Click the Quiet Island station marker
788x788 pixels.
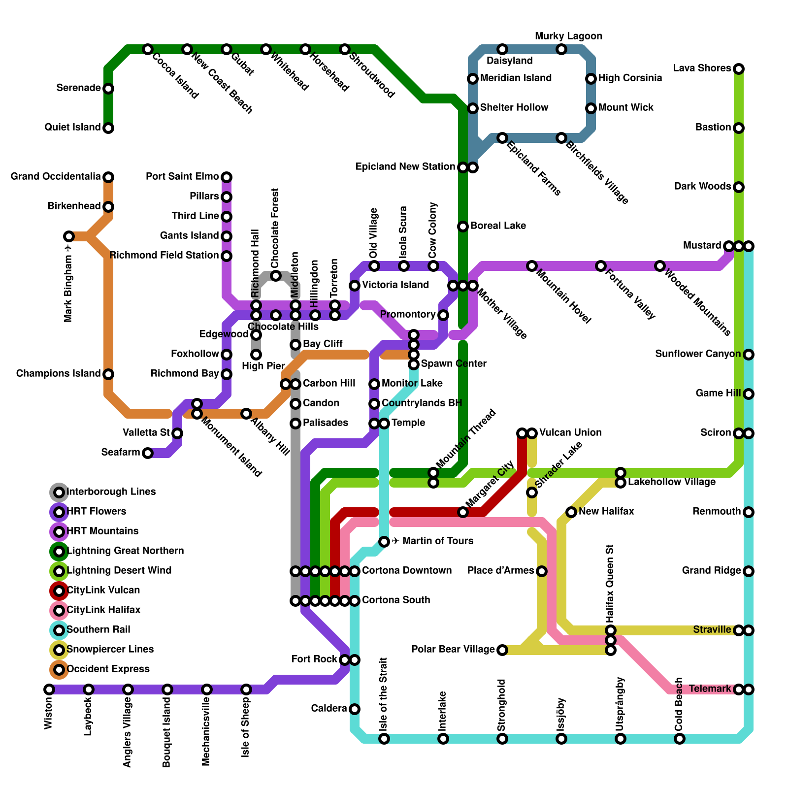pos(108,128)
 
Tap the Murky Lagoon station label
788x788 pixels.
pos(568,36)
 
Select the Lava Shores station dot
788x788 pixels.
pos(738,69)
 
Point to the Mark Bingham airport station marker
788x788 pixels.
pos(69,236)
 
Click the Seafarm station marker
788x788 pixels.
pos(148,453)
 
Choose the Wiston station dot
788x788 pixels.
pos(49,689)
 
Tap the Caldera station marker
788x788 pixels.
pos(355,709)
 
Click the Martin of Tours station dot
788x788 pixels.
pos(384,542)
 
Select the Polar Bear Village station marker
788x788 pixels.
pos(502,650)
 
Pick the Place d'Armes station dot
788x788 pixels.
pos(542,571)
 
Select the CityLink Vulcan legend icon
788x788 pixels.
pos(59,591)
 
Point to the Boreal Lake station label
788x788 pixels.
pos(498,226)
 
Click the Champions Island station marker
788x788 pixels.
pos(108,374)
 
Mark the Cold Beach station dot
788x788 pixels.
pos(680,739)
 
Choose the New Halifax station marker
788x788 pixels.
pos(571,512)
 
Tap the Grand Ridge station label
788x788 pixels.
pos(711,571)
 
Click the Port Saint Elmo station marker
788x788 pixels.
pos(227,177)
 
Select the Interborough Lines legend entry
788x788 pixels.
pos(110,492)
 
